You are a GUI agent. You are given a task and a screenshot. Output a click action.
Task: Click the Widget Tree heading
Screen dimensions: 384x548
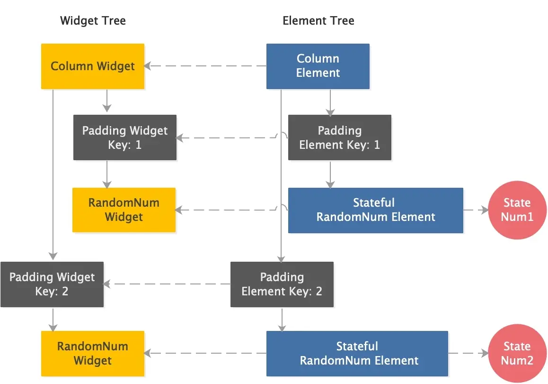93,21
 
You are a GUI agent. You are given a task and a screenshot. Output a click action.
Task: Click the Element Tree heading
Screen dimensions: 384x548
318,21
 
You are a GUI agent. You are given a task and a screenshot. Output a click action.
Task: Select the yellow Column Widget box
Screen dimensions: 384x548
93,66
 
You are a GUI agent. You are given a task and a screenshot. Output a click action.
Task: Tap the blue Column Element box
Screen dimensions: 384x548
318,66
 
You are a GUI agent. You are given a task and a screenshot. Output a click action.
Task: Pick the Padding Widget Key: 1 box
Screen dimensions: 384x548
125,137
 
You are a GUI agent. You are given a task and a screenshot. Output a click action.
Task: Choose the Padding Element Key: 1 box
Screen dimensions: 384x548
340,137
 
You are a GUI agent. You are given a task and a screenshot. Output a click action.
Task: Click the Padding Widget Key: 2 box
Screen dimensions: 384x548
52,284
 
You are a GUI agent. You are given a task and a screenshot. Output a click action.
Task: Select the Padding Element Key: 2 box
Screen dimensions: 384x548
282,284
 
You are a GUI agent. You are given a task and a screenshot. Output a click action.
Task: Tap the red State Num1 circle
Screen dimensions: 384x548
517,210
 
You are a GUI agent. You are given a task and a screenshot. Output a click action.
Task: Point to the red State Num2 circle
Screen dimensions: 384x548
517,353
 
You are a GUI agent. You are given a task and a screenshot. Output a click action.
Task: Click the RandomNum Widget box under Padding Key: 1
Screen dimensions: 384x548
124,210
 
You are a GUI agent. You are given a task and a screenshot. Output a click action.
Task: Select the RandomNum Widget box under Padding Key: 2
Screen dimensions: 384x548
93,353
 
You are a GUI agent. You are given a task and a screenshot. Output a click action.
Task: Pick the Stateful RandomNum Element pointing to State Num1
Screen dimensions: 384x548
376,210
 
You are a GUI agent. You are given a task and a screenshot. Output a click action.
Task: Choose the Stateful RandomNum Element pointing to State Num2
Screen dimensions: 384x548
357,353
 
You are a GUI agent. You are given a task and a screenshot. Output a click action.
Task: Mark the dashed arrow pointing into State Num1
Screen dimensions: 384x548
476,210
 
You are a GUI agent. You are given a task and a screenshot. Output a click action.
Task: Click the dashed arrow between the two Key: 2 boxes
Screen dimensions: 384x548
167,284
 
